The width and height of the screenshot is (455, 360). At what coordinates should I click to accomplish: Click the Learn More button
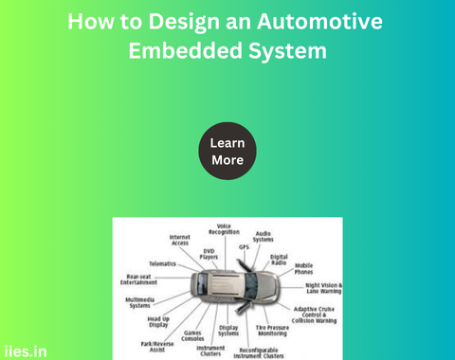coord(227,152)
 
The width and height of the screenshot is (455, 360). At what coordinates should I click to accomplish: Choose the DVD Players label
coord(209,253)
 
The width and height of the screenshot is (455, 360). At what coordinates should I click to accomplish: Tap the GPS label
coord(244,246)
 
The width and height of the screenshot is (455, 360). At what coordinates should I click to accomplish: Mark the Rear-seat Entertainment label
coord(139,279)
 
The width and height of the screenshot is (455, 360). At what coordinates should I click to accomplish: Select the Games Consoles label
coord(192,335)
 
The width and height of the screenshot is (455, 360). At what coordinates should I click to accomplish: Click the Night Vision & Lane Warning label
coord(323,288)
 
